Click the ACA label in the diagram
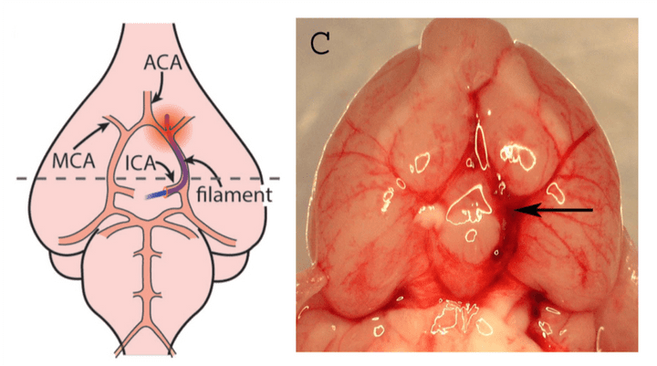(x=163, y=64)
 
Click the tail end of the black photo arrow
(x=593, y=210)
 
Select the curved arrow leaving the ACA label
(x=157, y=89)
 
